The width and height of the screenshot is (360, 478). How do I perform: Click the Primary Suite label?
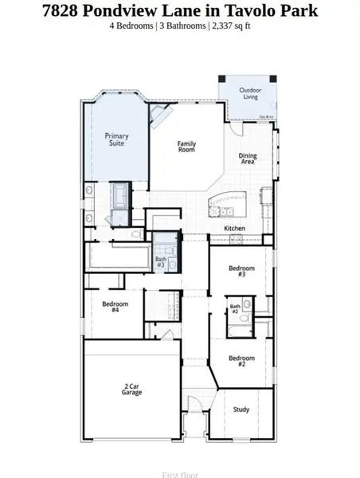tap(116, 140)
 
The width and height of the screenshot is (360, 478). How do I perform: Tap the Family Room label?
tap(186, 147)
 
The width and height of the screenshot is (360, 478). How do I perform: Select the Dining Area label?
tap(248, 159)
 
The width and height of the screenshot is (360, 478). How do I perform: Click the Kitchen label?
tap(234, 229)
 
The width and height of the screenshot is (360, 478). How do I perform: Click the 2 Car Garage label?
tap(132, 390)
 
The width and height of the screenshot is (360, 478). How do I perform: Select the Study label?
tap(241, 409)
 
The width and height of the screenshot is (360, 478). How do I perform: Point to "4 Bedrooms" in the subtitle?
tap(132, 25)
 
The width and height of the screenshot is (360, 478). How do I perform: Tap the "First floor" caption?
tap(180, 475)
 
